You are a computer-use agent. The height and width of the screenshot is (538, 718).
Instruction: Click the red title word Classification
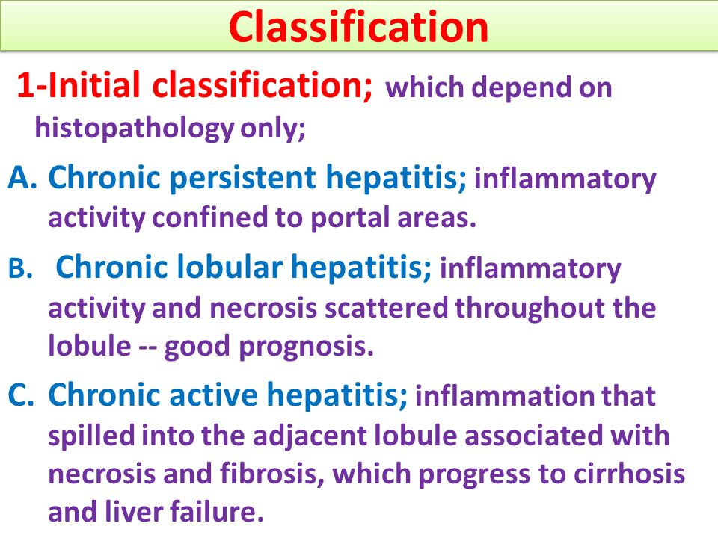pyautogui.click(x=358, y=27)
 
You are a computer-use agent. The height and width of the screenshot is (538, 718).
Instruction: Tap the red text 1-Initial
pyautogui.click(x=78, y=84)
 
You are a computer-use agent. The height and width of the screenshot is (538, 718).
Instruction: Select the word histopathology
pyautogui.click(x=135, y=129)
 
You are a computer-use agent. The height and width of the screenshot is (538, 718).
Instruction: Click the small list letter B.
pyautogui.click(x=20, y=268)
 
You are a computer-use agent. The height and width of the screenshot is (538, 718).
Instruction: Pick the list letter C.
pyautogui.click(x=21, y=395)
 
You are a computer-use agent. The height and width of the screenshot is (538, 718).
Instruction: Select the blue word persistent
pyautogui.click(x=242, y=177)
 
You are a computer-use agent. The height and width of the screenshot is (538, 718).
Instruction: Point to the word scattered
pyautogui.click(x=386, y=307)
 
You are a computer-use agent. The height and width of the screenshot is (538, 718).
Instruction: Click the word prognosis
pyautogui.click(x=307, y=346)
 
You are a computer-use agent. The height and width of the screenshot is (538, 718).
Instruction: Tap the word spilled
pyautogui.click(x=91, y=436)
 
